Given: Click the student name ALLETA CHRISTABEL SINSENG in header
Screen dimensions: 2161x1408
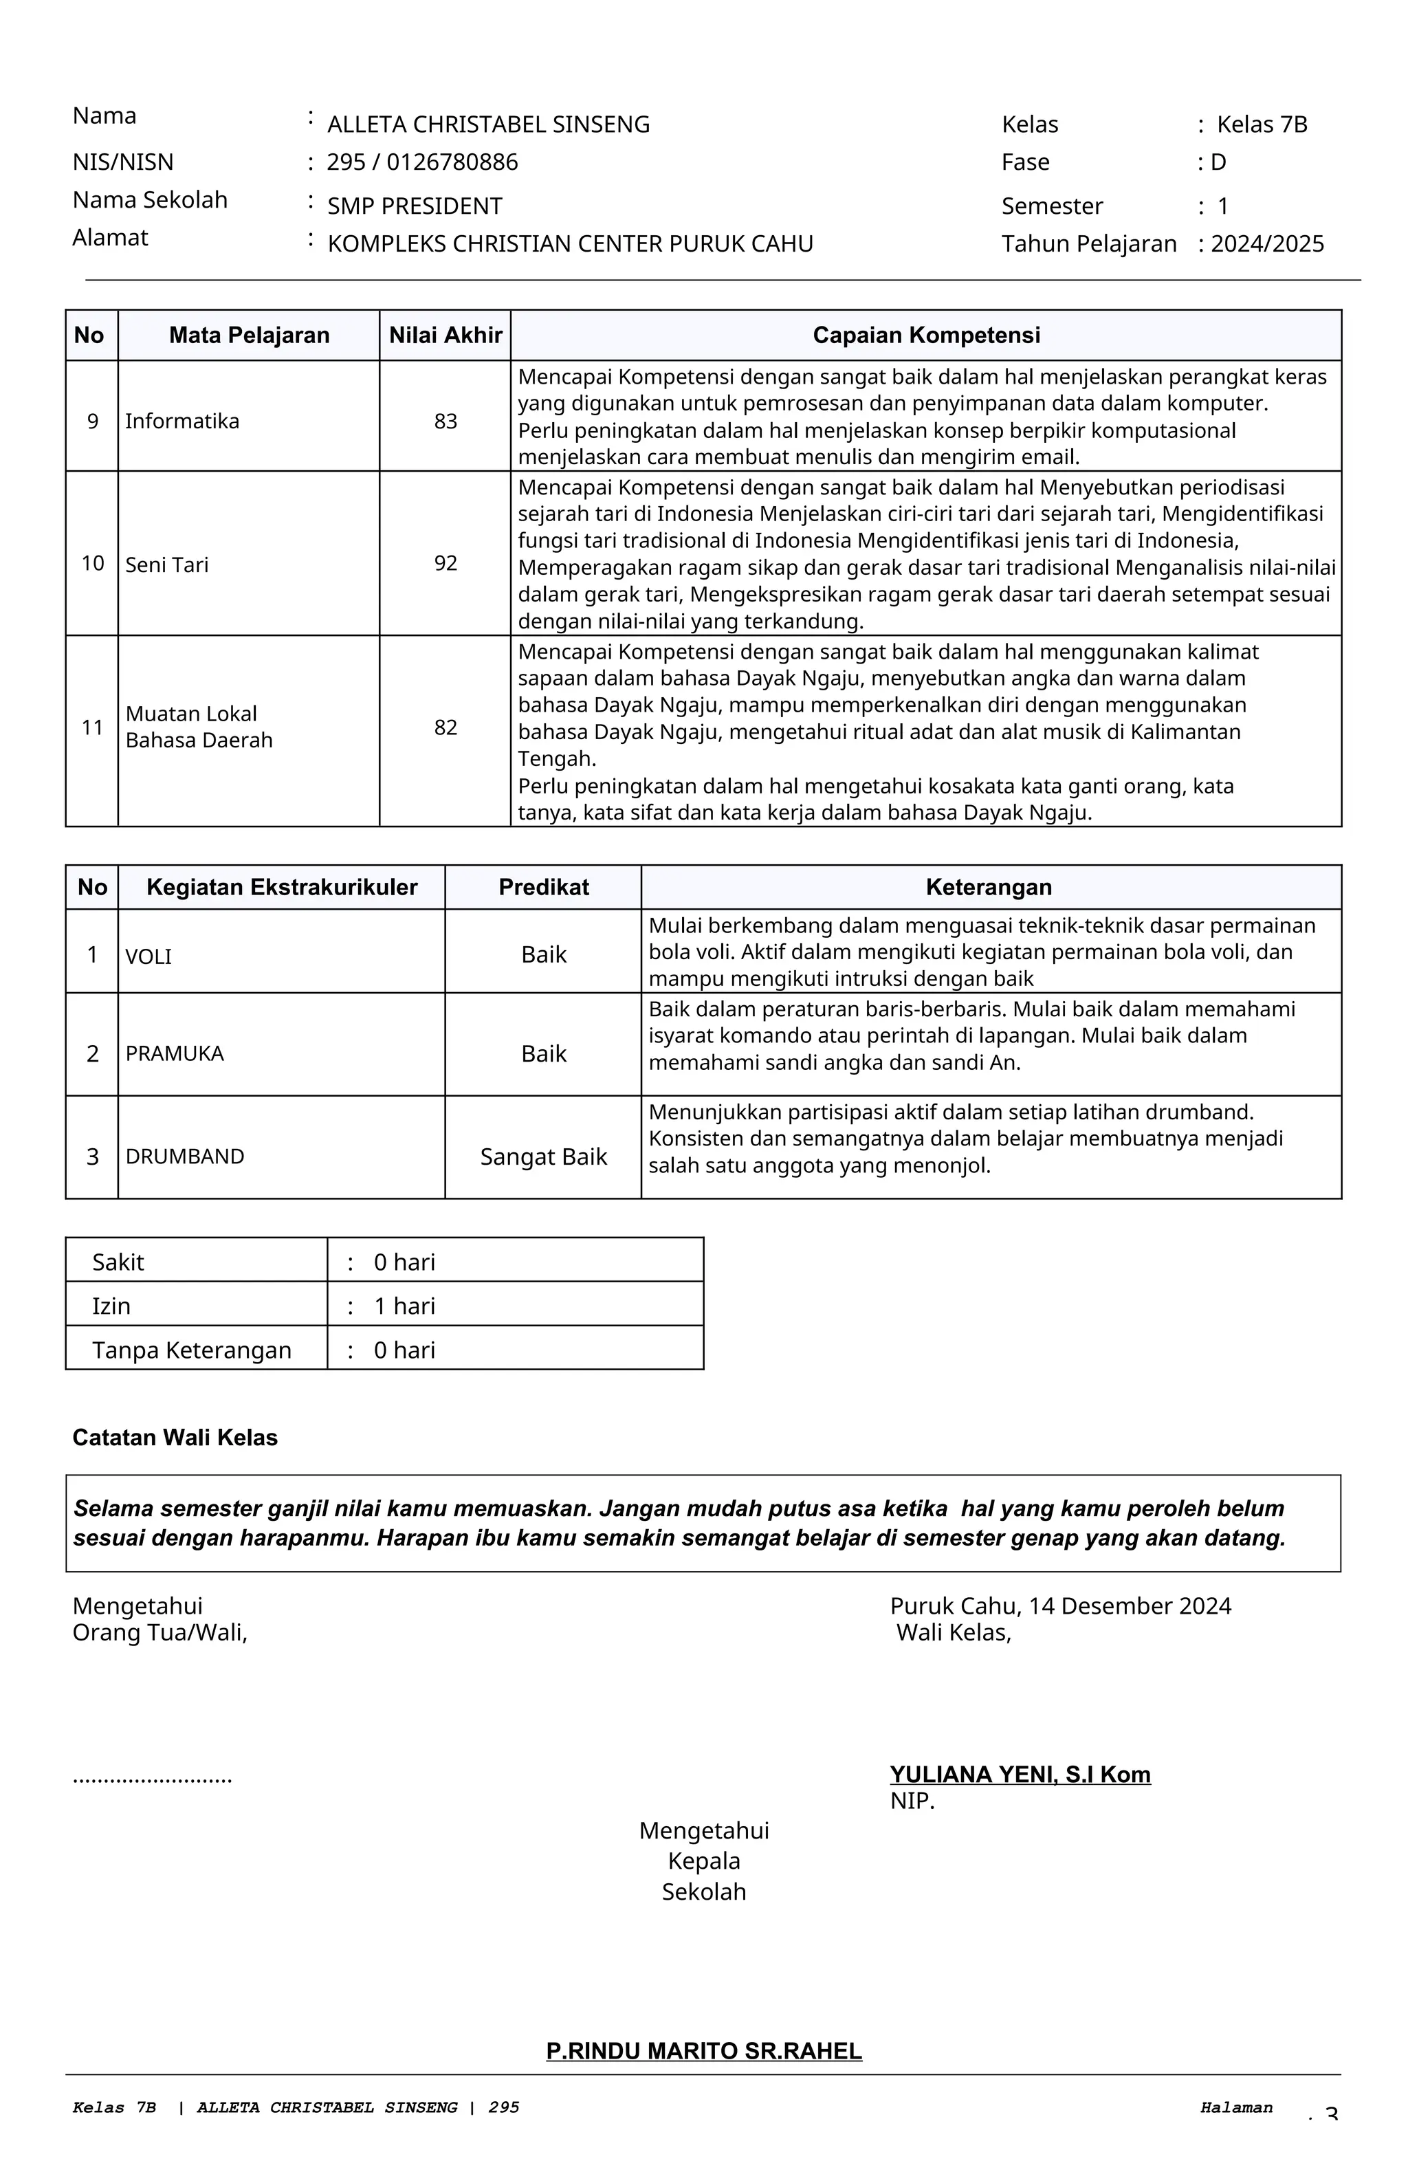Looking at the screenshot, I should (488, 124).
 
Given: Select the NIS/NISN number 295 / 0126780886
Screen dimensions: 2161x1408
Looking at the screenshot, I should (422, 162).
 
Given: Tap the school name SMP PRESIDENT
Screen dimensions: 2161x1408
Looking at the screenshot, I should (415, 206).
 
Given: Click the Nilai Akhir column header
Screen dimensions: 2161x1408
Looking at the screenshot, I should (445, 335).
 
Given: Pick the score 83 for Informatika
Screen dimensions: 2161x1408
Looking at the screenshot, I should (445, 421).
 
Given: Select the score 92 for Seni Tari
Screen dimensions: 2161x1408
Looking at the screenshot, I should (445, 563).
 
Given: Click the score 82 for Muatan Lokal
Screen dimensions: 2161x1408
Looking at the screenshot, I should (445, 727).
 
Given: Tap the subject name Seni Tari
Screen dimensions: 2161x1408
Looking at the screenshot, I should (167, 564).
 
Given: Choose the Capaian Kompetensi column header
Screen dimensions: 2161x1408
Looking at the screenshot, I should (926, 335).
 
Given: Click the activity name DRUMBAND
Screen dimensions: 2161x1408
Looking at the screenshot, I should (185, 1156).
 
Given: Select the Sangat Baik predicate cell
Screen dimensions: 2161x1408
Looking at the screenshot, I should (543, 1156).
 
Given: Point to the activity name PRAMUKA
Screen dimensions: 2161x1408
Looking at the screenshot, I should (175, 1053).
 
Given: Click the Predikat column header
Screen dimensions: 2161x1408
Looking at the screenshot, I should (543, 887).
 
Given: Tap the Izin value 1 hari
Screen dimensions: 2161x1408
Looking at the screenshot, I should (404, 1306).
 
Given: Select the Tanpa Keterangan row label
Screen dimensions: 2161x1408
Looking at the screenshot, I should (192, 1350).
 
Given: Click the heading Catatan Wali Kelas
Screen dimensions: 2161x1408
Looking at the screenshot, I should (175, 1437).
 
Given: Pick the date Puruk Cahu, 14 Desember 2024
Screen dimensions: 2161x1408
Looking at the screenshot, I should (1060, 1606).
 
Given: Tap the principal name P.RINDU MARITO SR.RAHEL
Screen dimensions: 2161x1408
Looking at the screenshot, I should (703, 2051).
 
